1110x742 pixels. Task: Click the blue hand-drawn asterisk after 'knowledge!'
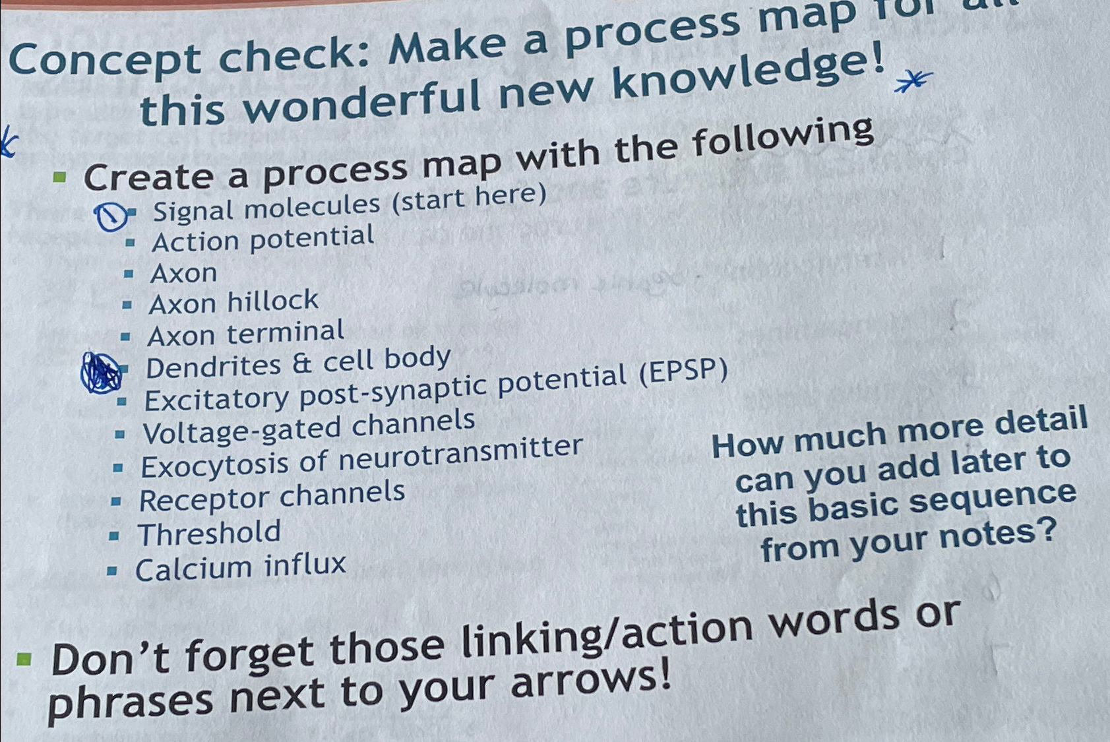(913, 82)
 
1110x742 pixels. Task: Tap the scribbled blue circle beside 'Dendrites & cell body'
(100, 373)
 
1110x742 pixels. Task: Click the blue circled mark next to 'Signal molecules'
(111, 216)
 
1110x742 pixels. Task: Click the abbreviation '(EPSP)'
(684, 373)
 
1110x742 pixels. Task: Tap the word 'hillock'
(273, 301)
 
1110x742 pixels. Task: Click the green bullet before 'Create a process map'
(60, 176)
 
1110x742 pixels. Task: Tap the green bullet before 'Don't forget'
(24, 658)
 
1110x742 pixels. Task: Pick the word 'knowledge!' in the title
(749, 74)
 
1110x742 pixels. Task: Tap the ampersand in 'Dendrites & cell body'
(301, 364)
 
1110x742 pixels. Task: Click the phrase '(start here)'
(469, 197)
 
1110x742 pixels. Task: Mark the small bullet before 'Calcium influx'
(112, 571)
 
